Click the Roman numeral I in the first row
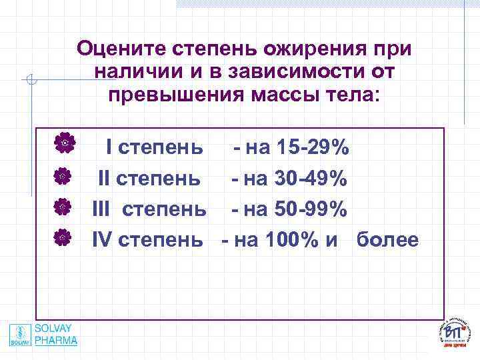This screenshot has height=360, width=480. pyautogui.click(x=110, y=147)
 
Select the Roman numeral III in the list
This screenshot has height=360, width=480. pyautogui.click(x=100, y=209)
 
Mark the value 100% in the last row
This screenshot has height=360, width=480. pyautogui.click(x=291, y=239)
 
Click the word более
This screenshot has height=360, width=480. pyautogui.click(x=387, y=239)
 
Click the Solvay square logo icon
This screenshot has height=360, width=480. pyautogui.click(x=21, y=334)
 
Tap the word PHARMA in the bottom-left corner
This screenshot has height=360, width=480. pyautogui.click(x=56, y=340)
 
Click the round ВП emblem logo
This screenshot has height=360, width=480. pyautogui.click(x=456, y=333)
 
